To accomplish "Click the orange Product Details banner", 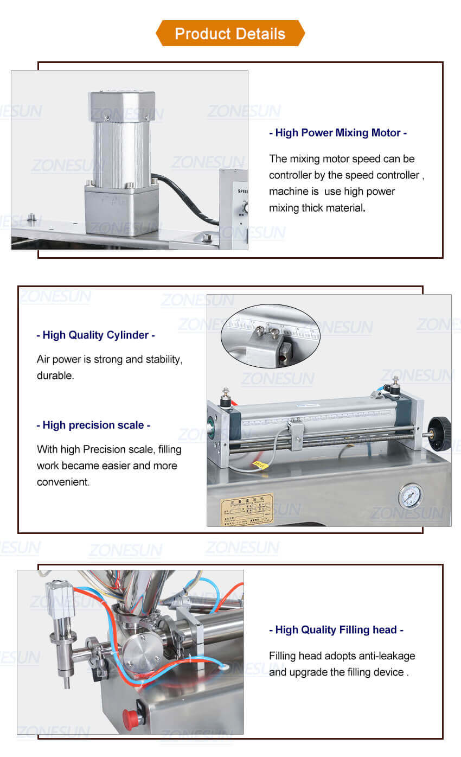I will (x=230, y=34).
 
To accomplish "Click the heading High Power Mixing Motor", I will (x=338, y=133).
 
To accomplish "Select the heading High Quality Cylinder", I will (x=95, y=335).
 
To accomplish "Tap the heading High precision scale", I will (x=93, y=425).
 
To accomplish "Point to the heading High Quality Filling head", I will (x=336, y=630).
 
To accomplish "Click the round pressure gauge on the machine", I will (x=411, y=496).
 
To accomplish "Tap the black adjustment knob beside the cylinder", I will (x=440, y=434).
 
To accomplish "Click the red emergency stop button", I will (x=130, y=716).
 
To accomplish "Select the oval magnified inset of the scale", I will (x=270, y=336).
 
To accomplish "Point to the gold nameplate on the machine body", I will (x=247, y=511).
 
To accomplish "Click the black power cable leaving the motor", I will (x=184, y=198).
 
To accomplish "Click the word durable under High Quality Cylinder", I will (x=55, y=376).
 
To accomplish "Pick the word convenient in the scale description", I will (x=63, y=482).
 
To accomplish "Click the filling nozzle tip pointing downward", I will (x=66, y=682).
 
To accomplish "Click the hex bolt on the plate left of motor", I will (x=31, y=218).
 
